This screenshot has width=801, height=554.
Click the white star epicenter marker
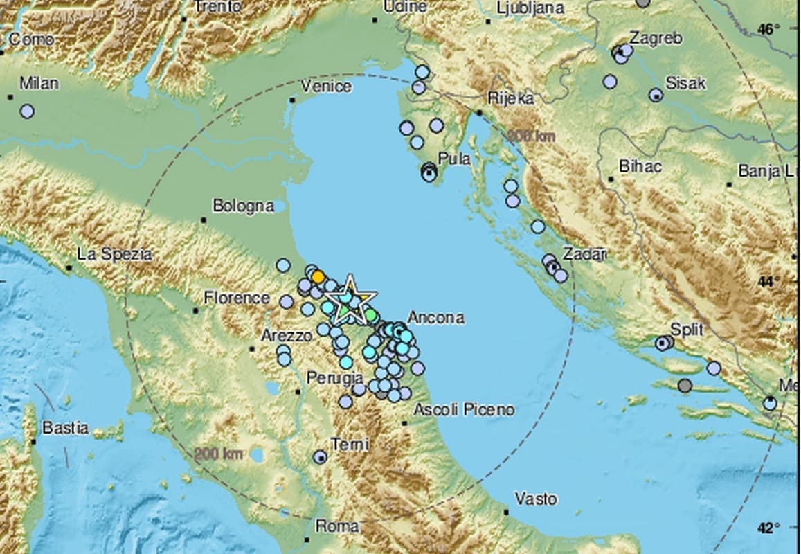point(350,300)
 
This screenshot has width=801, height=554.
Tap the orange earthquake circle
point(318,277)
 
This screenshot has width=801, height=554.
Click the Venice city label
point(327,87)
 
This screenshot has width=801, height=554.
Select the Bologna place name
point(243,206)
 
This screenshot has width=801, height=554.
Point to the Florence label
point(237,298)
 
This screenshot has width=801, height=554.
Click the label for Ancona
point(435,318)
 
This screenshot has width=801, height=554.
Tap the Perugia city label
point(335,378)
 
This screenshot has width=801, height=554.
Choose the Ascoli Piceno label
point(464,410)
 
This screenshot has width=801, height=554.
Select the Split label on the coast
point(687,330)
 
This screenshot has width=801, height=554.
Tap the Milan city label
point(39,83)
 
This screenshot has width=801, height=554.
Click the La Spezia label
point(114,254)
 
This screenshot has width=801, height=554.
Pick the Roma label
point(337,526)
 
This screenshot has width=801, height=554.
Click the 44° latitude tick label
point(768,282)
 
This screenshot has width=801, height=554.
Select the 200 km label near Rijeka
point(531,136)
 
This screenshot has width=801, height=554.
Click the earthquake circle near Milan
point(27,111)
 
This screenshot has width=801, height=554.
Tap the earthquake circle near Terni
point(319,457)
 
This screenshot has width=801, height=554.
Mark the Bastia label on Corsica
point(65,428)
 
